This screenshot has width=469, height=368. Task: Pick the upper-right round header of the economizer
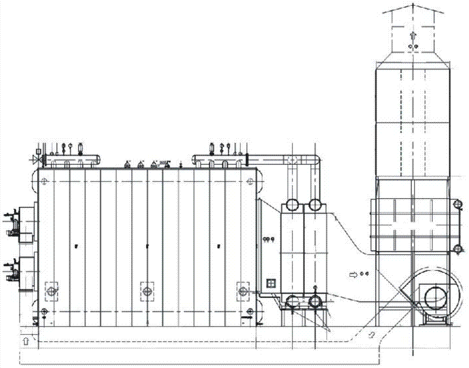[x=314, y=205]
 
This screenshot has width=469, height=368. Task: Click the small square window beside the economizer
[x=271, y=283]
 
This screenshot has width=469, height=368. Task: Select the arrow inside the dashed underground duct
[x=371, y=335]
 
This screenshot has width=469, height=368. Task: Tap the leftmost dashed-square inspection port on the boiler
[x=51, y=291]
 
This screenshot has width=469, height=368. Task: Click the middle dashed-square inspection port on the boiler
[x=147, y=291]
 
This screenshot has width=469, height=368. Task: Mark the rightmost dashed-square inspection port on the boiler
[x=242, y=291]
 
